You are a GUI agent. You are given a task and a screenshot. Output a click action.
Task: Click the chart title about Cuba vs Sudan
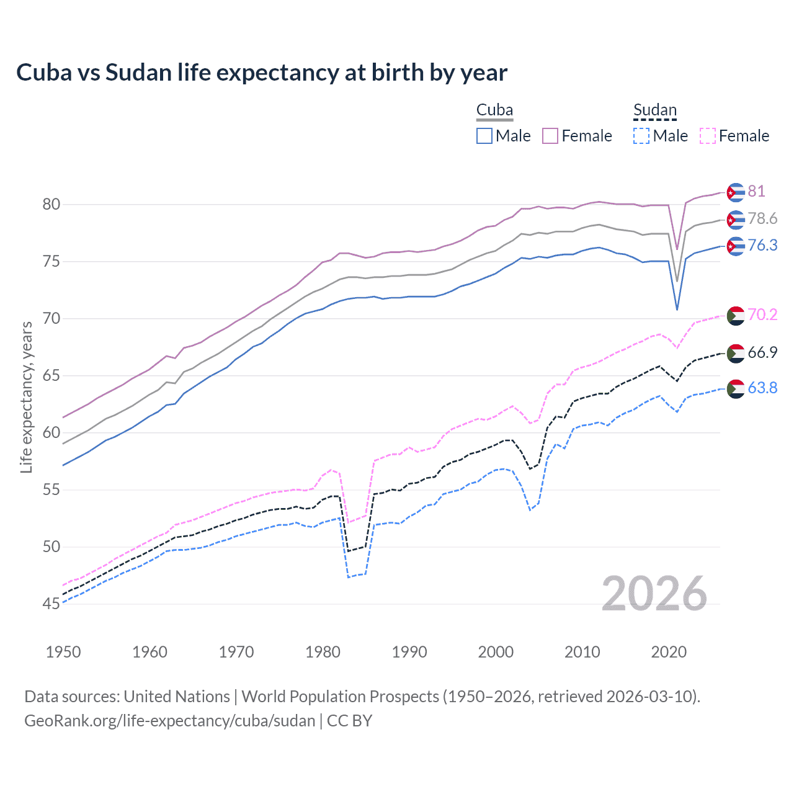coord(261,73)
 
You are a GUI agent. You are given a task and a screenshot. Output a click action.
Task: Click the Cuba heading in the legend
coord(494,110)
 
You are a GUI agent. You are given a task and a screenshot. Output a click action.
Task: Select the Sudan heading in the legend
coord(654,110)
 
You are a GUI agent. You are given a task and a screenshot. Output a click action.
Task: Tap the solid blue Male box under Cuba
coord(484,136)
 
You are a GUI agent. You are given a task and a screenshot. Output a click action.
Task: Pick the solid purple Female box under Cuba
coord(550,136)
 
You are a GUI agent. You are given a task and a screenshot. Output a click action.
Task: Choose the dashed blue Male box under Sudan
coord(641,136)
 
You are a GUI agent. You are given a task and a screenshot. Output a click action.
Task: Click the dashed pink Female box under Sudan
coord(707,136)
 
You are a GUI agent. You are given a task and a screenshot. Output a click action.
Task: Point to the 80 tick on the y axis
coord(51,204)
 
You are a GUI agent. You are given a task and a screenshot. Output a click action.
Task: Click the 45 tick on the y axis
coord(51,604)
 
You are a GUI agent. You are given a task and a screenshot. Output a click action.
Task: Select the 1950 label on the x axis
coord(63,652)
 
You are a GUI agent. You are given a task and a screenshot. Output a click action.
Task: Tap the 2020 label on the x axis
coord(669,652)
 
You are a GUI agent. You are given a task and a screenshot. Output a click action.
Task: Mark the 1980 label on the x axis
coord(323,652)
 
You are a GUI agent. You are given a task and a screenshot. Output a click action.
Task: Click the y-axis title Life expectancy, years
coord(26,397)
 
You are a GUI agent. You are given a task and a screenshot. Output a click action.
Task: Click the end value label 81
coord(756,191)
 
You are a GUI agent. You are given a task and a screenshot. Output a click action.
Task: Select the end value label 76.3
coord(762,246)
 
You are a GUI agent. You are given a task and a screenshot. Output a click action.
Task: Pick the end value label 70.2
coord(762,314)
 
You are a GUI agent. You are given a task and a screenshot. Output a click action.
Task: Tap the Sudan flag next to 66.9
coord(735,353)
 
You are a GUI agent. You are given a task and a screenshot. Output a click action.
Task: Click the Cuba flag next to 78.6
coord(735,220)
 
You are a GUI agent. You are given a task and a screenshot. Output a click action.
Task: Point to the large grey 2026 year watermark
coord(654,594)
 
